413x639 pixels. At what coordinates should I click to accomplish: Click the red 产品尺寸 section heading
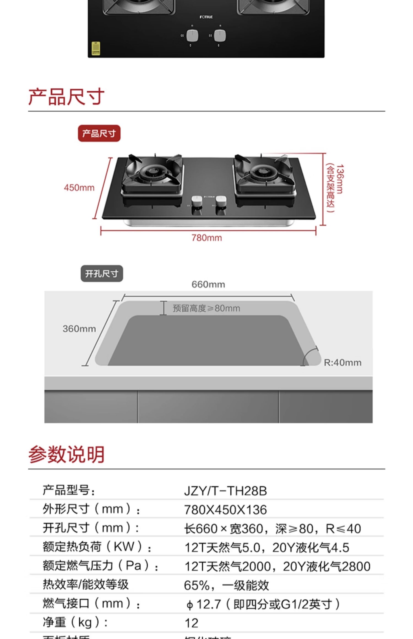click(66, 97)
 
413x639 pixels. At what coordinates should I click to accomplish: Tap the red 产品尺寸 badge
click(99, 134)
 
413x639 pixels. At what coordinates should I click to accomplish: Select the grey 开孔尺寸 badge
click(102, 274)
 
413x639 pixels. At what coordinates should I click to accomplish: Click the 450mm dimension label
click(79, 188)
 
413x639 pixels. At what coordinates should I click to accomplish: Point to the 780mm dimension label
click(207, 238)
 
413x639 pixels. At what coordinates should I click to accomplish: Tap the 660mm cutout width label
click(208, 285)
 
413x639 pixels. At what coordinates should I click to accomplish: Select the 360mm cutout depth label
click(79, 329)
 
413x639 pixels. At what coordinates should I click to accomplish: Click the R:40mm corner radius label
click(343, 363)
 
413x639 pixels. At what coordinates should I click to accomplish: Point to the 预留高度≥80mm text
click(206, 308)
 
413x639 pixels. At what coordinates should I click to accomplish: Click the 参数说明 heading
click(66, 455)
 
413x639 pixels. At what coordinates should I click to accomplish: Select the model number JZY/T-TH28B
click(225, 491)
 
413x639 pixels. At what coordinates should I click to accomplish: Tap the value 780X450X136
click(225, 510)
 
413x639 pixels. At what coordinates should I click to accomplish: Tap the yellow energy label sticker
click(96, 48)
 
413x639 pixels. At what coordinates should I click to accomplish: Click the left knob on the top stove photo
click(192, 36)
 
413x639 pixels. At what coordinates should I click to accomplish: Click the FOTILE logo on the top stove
click(206, 17)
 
